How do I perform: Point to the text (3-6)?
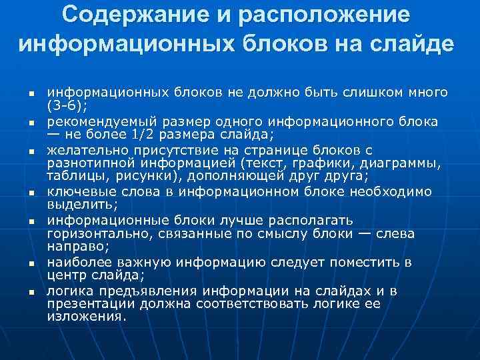click(x=68, y=105)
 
